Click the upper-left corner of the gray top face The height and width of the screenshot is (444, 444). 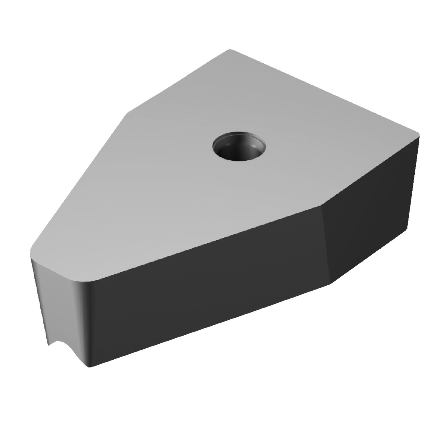coord(128,112)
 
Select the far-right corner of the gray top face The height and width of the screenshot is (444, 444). coord(419,134)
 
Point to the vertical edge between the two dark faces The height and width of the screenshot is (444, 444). coord(326,246)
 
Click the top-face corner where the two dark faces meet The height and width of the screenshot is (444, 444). coord(322,205)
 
